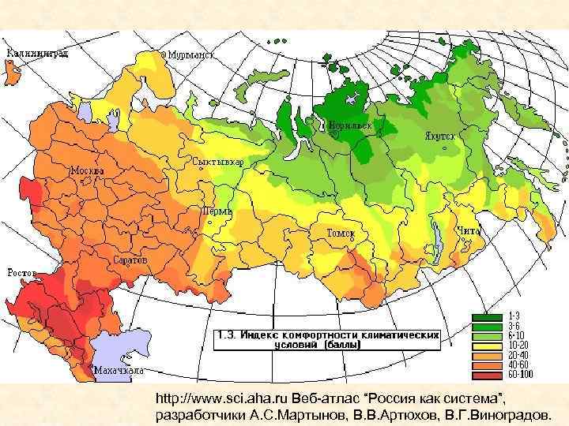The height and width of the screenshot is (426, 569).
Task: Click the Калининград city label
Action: tap(37, 54)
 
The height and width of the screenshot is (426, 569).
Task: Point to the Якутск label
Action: tap(440, 136)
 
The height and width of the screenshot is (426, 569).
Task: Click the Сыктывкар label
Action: tap(217, 162)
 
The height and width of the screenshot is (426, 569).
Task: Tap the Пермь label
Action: tap(217, 211)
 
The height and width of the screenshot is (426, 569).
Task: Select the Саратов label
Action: tap(129, 259)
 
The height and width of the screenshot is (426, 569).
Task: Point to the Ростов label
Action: tap(23, 272)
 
